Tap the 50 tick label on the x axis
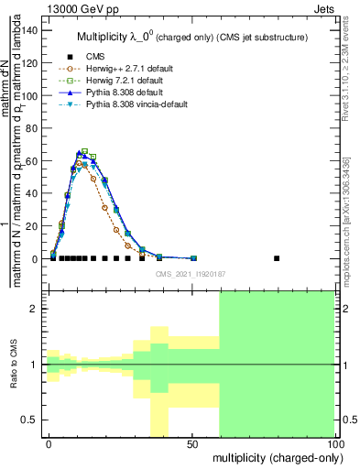pos(192,444)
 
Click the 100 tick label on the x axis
pos(334,444)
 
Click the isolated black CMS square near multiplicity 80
pos(278,258)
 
